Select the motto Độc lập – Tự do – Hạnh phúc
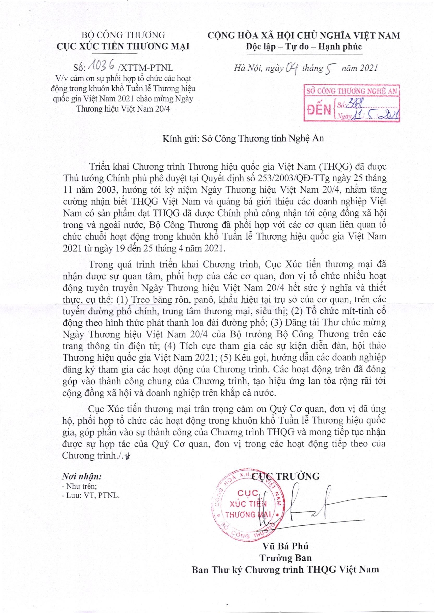(304, 47)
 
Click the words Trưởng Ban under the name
(286, 580)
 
